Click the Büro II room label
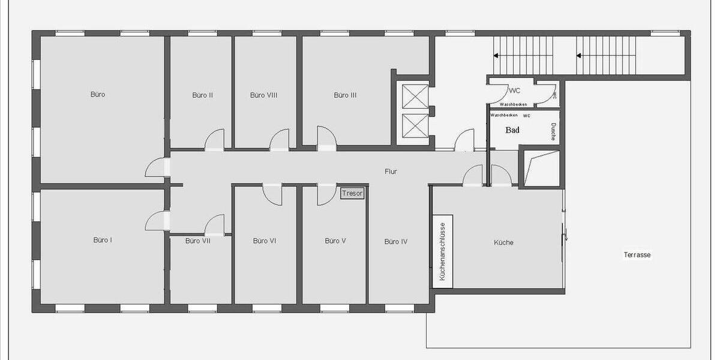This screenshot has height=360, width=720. (x=203, y=95)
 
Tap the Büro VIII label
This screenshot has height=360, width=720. (x=263, y=95)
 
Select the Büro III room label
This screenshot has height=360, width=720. (x=346, y=95)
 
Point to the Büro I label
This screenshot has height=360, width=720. (x=103, y=240)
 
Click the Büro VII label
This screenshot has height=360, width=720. (x=197, y=241)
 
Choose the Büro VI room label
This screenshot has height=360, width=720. (x=264, y=241)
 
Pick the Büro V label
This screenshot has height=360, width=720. (x=335, y=241)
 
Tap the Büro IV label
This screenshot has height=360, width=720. (x=396, y=242)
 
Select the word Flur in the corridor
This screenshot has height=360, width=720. (x=391, y=172)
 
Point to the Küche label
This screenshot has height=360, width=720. (x=503, y=242)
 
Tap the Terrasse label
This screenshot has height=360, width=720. (x=637, y=254)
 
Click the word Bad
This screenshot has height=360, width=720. (x=512, y=130)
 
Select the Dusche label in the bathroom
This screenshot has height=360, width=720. (x=553, y=132)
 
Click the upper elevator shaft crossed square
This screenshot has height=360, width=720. (x=415, y=96)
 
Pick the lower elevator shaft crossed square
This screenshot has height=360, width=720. (x=415, y=125)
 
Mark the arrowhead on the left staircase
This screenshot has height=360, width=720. (x=497, y=56)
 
